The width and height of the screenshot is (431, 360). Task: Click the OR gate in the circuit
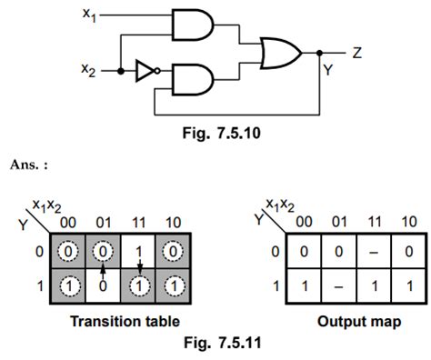280,55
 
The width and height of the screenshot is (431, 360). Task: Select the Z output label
357,54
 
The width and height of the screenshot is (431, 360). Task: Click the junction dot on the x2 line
121,69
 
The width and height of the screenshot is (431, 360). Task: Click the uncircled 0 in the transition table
105,284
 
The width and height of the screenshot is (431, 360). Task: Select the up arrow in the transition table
105,268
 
